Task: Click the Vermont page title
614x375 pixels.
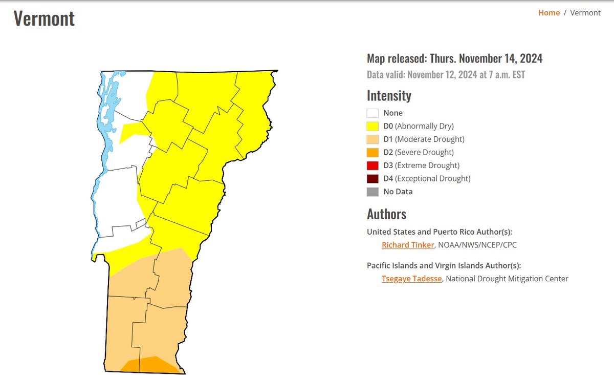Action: [x=44, y=18]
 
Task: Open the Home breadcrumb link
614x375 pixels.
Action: [x=549, y=13]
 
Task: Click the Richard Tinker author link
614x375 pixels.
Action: [x=408, y=245]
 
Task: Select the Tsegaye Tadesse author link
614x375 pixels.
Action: [x=411, y=279]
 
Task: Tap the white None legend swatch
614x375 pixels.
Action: [x=372, y=113]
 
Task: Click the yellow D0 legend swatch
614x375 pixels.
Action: [x=372, y=126]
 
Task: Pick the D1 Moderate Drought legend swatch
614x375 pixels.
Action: [x=372, y=139]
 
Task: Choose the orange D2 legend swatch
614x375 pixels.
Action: [x=372, y=152]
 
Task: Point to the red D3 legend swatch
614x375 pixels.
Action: [x=372, y=165]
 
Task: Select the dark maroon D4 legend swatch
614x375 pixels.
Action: [x=372, y=179]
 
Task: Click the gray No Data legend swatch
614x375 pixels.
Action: [x=372, y=192]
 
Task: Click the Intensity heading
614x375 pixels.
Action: [x=389, y=96]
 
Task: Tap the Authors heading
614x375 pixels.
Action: [x=386, y=214]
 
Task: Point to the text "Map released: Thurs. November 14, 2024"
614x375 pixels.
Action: [x=454, y=59]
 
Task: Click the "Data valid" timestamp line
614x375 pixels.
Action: [x=446, y=75]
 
